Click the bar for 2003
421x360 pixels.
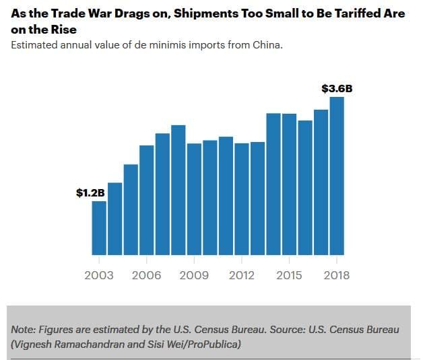click(99, 228)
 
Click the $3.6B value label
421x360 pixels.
click(337, 88)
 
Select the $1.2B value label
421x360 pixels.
click(91, 193)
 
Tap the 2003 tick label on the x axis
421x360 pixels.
click(99, 275)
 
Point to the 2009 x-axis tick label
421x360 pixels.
click(194, 275)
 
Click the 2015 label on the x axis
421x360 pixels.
click(289, 275)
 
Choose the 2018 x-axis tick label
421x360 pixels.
click(336, 275)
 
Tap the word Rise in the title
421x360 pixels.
click(61, 30)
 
